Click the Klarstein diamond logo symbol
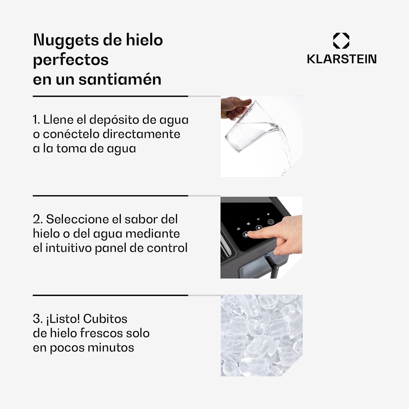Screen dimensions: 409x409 coord(341,41)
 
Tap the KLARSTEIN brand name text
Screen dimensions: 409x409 coord(342,59)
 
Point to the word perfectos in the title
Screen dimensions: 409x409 coord(71,60)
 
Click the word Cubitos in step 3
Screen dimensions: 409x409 coord(105,319)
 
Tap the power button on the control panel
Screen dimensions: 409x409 coord(271,222)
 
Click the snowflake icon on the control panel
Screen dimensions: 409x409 coord(268,214)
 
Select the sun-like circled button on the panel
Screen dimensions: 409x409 coord(259,228)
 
